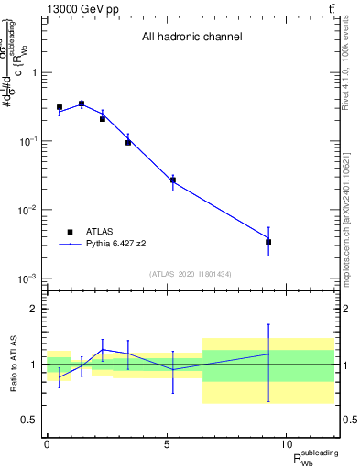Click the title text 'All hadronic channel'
(x=191, y=38)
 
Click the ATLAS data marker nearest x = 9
(x=268, y=242)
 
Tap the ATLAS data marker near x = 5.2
(x=172, y=180)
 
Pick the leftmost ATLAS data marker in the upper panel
(x=60, y=107)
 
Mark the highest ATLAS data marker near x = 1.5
(x=82, y=104)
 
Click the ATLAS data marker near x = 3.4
(x=128, y=142)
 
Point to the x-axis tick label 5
(x=167, y=444)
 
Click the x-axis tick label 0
(x=47, y=444)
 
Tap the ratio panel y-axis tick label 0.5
(x=28, y=420)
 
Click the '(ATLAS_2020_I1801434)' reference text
(x=191, y=274)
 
